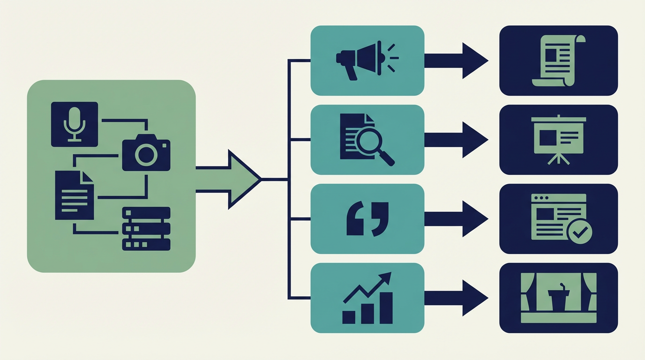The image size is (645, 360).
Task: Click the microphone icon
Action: (75, 124)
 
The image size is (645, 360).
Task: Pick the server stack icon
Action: (146, 228)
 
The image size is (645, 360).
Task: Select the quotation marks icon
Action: (367, 219)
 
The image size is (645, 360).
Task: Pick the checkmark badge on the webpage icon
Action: (580, 231)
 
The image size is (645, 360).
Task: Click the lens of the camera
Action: (147, 154)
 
